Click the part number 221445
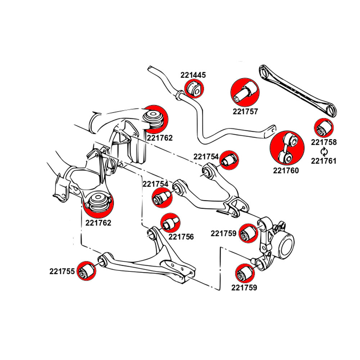(193, 75)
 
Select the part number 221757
(246, 112)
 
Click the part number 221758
(324, 142)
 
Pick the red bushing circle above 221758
(324, 128)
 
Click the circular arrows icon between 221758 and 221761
(324, 152)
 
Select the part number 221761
(324, 161)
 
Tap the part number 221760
(286, 171)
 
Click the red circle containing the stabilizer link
(287, 148)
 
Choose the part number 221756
(181, 237)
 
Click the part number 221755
(62, 272)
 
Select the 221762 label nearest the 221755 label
(98, 223)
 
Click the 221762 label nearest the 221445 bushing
(159, 138)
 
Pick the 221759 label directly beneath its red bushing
(244, 288)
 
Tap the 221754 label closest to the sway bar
(206, 157)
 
